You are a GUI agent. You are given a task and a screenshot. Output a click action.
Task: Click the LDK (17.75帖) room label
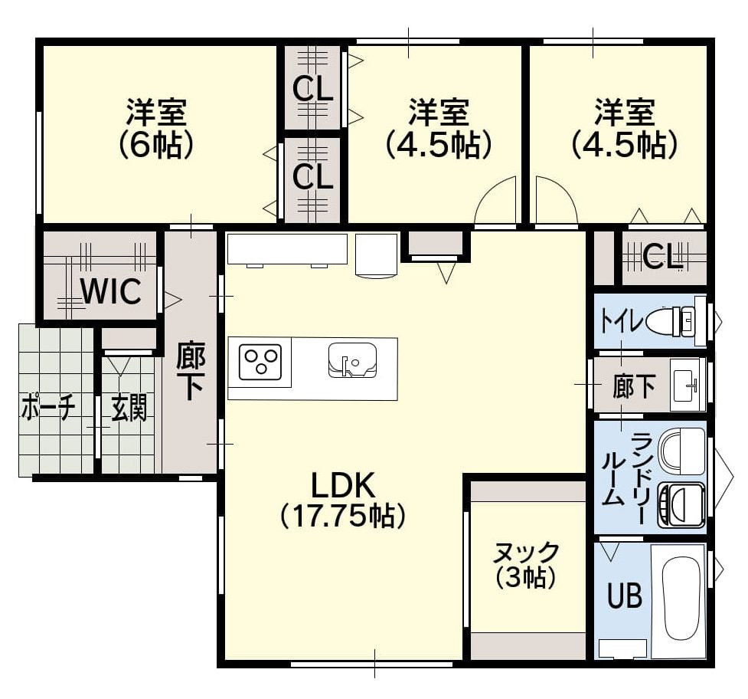(x=342, y=500)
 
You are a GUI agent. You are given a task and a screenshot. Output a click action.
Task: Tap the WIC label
(x=111, y=290)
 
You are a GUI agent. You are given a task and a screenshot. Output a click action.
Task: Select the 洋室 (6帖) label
(x=156, y=128)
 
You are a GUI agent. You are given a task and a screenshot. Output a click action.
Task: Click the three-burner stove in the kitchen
(x=260, y=362)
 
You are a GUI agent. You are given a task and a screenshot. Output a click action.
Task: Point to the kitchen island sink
(x=352, y=360)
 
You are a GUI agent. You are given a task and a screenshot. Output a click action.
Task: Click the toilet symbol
(x=670, y=320)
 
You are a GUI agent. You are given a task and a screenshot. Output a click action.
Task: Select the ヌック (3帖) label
(x=525, y=565)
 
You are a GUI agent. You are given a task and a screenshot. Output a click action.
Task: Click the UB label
(x=625, y=595)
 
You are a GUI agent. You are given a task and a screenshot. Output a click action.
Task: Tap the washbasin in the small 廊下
(x=687, y=384)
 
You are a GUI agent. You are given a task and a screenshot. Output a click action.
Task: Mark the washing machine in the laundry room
(x=681, y=505)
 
